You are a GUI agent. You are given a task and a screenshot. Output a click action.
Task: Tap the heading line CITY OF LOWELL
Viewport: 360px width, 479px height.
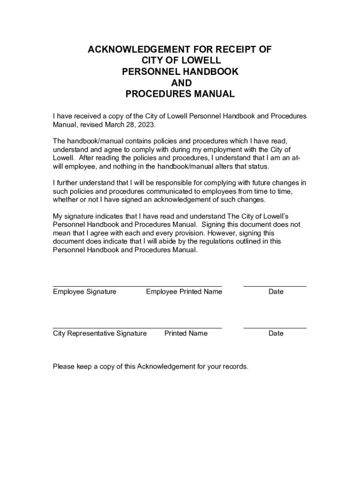point(180,61)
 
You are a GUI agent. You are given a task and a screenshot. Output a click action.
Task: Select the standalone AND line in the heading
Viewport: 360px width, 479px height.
point(180,83)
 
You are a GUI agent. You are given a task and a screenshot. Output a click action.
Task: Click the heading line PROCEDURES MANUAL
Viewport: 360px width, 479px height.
point(180,94)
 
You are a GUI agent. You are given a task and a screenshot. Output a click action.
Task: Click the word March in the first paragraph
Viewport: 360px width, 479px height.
point(115,125)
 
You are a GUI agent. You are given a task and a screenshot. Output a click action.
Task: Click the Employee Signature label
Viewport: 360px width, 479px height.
point(85,292)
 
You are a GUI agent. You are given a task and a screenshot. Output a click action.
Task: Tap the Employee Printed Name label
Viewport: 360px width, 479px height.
point(184,292)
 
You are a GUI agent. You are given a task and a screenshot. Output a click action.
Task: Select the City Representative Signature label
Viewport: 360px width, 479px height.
point(100,334)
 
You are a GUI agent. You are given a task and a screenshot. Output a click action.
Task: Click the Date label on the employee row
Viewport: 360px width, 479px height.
point(276,292)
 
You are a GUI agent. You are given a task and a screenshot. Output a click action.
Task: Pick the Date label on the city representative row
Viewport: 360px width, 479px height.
point(276,334)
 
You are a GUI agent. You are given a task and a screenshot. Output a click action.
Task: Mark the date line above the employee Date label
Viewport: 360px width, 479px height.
point(275,286)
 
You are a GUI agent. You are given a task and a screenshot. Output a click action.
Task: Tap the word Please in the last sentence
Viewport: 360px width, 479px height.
point(64,367)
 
